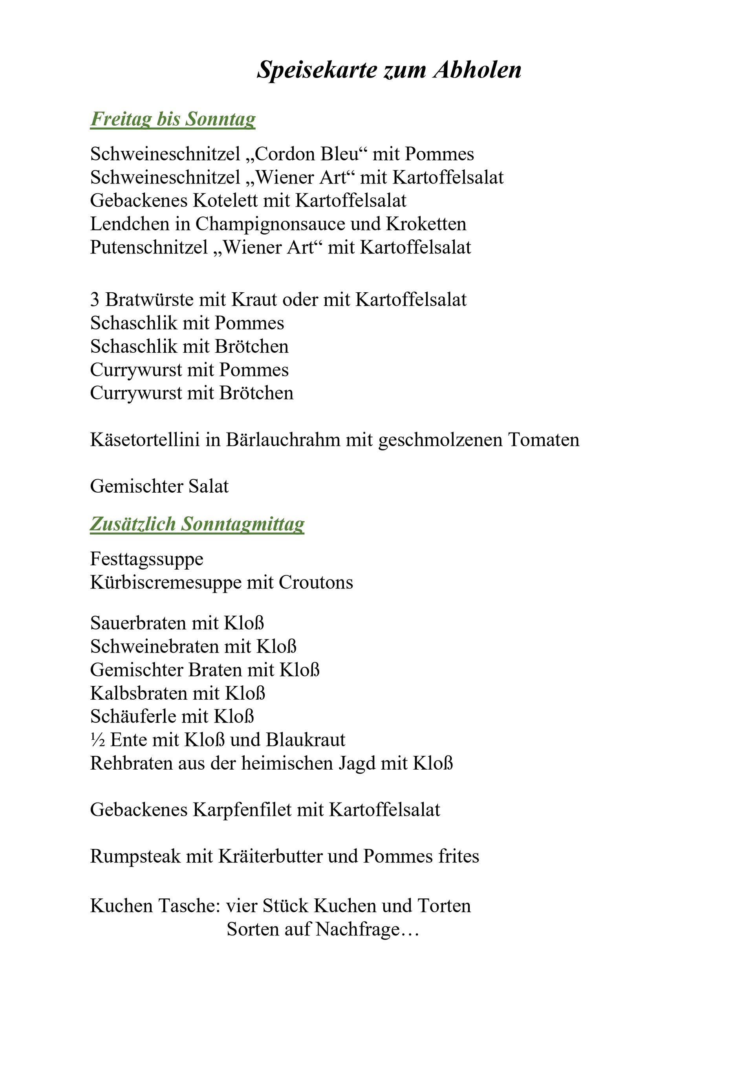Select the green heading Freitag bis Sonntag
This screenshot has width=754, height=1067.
(173, 119)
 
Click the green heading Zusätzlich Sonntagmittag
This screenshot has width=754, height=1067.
(197, 524)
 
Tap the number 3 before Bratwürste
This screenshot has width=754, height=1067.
(95, 300)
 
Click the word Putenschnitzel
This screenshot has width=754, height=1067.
(149, 247)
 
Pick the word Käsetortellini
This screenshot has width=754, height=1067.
(145, 440)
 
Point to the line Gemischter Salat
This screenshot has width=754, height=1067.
(159, 487)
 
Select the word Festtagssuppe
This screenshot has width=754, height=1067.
(147, 559)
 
